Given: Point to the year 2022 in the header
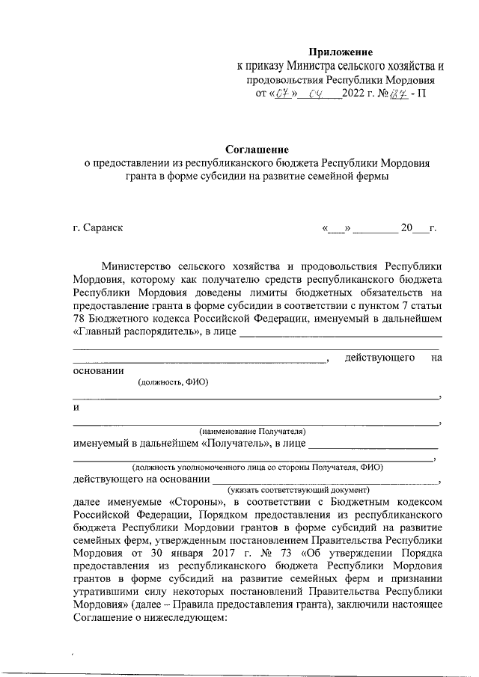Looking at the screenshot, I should [353, 94].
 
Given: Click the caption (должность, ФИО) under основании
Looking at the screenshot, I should [173, 382].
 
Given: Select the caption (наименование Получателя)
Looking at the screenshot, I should [252, 432].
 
